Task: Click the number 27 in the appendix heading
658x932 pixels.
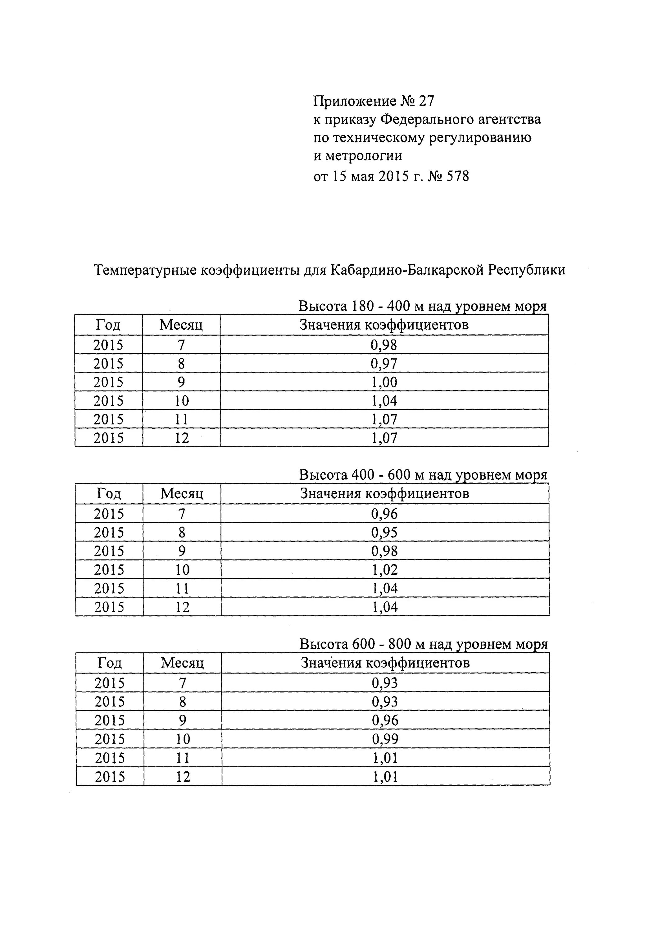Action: click(426, 101)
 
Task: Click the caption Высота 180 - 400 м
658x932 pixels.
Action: click(422, 306)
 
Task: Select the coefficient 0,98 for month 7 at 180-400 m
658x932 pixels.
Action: click(384, 345)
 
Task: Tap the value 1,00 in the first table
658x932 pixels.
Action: click(384, 382)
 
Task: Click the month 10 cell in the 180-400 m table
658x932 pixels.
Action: click(181, 401)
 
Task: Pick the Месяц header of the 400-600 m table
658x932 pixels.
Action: click(182, 494)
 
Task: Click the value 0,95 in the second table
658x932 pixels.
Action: click(384, 532)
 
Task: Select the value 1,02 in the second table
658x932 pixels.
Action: click(384, 569)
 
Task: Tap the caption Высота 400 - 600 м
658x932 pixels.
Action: click(423, 475)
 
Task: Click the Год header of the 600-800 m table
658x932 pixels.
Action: click(110, 663)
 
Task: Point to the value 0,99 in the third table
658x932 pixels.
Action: click(385, 739)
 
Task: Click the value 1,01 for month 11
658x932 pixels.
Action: click(385, 758)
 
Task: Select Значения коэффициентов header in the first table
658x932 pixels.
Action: click(384, 325)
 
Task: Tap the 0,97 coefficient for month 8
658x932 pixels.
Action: click(384, 364)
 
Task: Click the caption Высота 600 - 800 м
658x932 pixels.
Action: click(423, 644)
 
